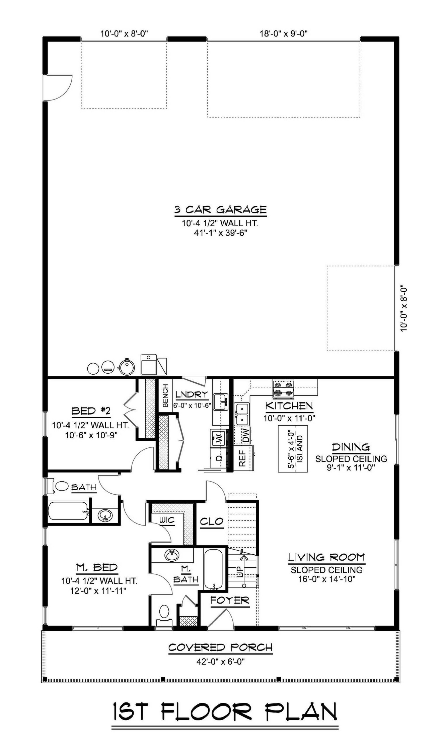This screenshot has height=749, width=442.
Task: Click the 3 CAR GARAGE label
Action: pos(220,210)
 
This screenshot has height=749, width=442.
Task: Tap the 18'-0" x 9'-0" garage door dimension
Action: pos(284,34)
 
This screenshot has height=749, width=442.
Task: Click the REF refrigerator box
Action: pos(242,458)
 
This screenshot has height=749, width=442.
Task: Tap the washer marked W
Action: pos(219,438)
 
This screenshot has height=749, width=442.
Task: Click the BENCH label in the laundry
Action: pos(165,395)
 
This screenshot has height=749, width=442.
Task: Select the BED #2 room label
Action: pos(91,411)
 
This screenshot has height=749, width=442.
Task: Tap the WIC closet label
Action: pos(167,520)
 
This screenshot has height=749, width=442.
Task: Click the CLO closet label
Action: pos(212,521)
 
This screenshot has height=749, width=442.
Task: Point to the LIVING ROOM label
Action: pos(326,557)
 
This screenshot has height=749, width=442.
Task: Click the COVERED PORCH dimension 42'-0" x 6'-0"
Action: pos(221,662)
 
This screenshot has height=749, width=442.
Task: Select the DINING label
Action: pos(351,447)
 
